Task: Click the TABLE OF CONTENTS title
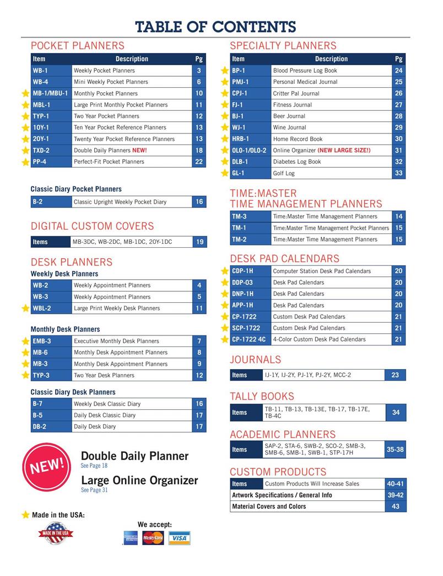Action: tap(215, 26)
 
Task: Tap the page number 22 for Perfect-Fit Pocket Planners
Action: tap(199, 162)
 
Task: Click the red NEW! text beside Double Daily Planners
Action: tap(139, 150)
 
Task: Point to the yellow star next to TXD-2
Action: tap(25, 151)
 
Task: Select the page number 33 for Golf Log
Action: tap(399, 173)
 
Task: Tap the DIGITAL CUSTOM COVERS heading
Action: tap(92, 226)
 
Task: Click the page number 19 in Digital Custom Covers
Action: tap(199, 242)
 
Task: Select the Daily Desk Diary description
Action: tap(95, 426)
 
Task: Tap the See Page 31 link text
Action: tap(94, 490)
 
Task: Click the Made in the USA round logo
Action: tap(56, 533)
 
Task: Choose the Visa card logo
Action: tap(179, 538)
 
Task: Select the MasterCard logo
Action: tap(153, 537)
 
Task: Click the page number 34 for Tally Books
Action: tap(396, 412)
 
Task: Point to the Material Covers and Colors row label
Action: tap(269, 506)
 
